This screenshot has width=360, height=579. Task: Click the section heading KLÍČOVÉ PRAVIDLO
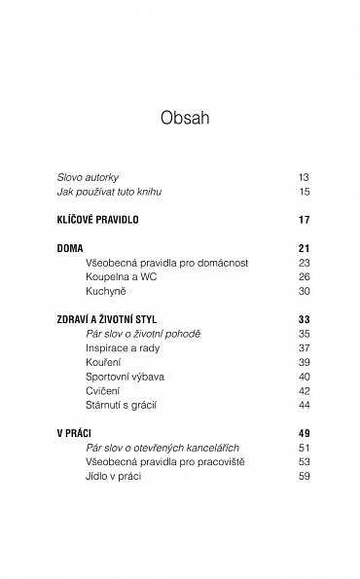[97, 220]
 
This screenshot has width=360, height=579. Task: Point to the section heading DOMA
[70, 248]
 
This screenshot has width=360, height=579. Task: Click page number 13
[304, 178]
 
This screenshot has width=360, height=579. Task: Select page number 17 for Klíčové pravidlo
[304, 220]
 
